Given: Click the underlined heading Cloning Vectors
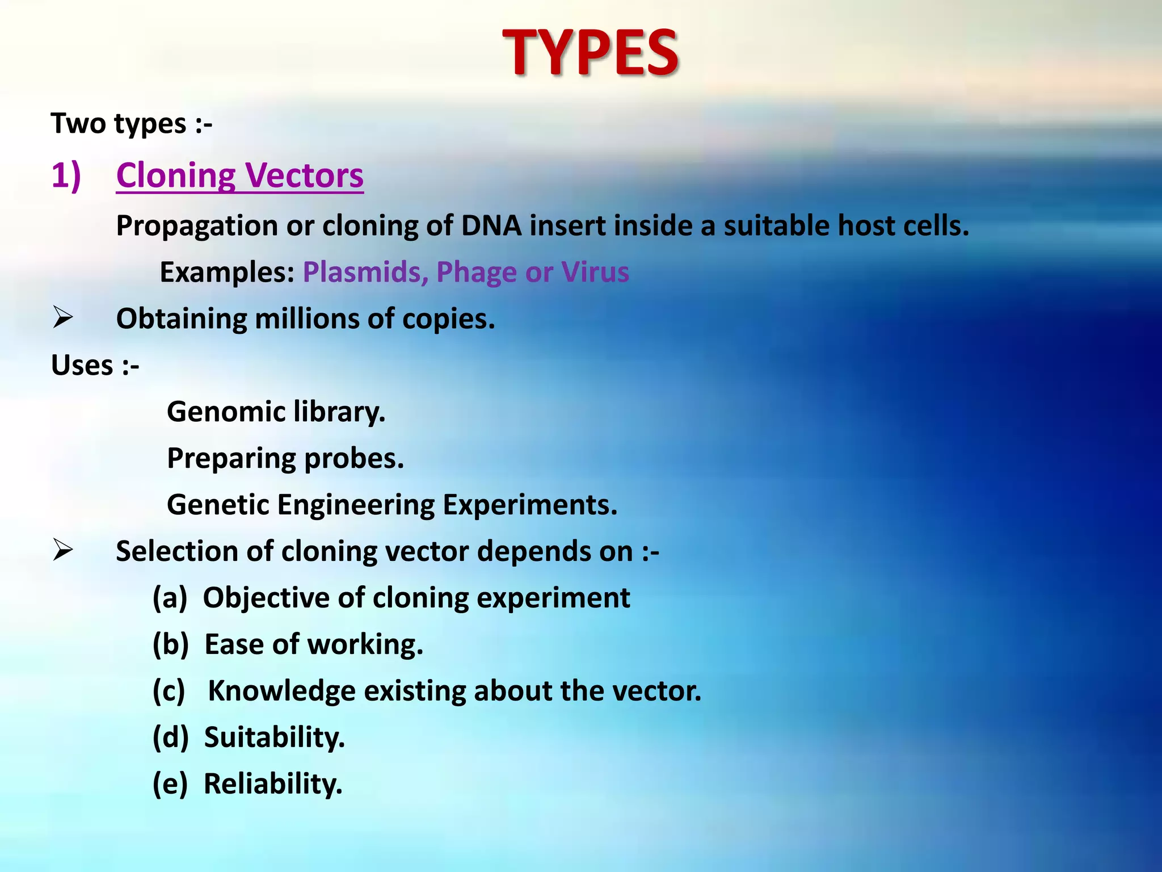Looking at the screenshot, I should (x=239, y=175).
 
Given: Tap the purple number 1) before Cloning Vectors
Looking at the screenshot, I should (x=66, y=175).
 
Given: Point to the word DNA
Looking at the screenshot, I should (x=491, y=225).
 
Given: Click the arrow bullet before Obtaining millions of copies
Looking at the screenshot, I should (x=62, y=317).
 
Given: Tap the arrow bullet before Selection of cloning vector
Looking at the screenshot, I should (x=62, y=550).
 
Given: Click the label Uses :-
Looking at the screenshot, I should (x=95, y=365).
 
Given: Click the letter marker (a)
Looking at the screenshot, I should (x=170, y=598).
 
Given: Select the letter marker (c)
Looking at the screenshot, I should (x=169, y=691).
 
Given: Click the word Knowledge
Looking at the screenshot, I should (x=281, y=691).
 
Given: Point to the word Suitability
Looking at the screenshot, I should (x=274, y=737).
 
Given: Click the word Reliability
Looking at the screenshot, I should (x=273, y=784).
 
